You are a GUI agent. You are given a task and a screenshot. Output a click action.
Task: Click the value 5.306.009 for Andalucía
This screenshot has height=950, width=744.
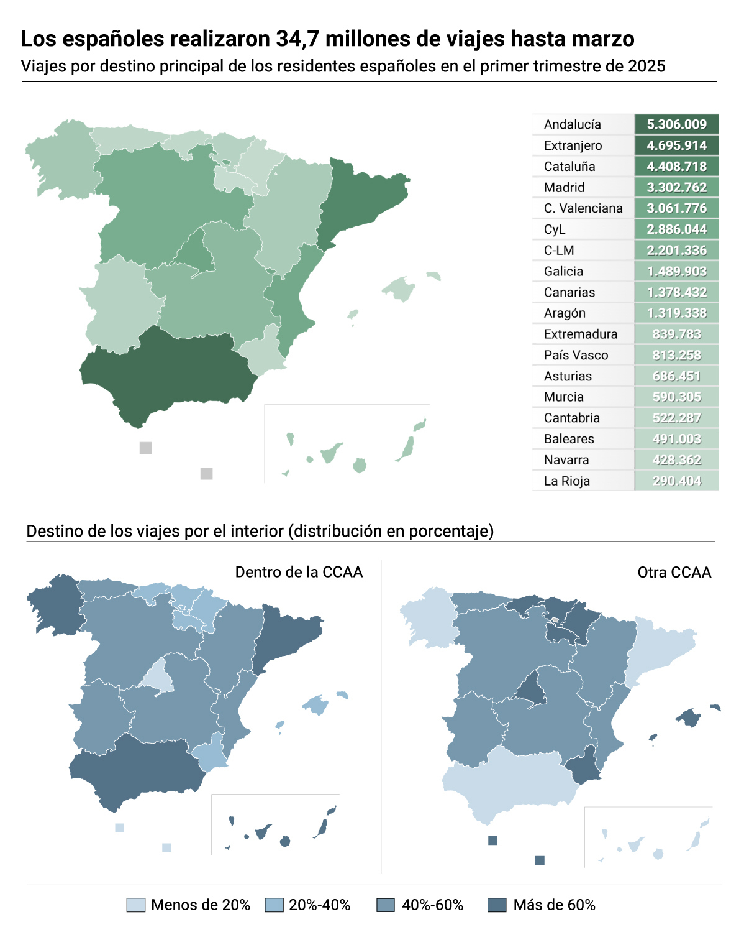(676, 124)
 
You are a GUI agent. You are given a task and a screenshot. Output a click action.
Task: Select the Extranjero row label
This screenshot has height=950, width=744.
(573, 145)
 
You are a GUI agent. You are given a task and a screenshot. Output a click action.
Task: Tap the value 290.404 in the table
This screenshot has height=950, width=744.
(676, 481)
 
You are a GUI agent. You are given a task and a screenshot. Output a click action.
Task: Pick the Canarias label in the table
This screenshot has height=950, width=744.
(569, 292)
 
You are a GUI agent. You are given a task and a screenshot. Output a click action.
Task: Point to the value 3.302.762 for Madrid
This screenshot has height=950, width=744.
(676, 187)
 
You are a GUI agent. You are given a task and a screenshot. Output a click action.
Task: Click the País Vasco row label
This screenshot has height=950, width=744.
(576, 355)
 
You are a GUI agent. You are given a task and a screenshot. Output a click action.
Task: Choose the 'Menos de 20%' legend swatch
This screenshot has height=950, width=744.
(135, 905)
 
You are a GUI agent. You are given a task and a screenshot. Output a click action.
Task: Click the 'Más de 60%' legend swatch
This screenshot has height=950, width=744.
(497, 905)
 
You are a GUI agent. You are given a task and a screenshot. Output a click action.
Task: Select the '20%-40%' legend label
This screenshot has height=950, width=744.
(319, 905)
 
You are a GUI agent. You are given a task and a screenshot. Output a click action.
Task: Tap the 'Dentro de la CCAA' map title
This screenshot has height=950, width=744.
(299, 572)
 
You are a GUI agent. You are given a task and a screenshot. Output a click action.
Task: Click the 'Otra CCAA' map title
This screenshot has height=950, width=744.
(674, 572)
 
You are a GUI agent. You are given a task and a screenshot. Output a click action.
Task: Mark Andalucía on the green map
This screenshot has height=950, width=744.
(168, 373)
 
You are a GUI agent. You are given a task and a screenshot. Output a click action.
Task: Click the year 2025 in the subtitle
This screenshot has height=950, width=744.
(646, 66)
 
